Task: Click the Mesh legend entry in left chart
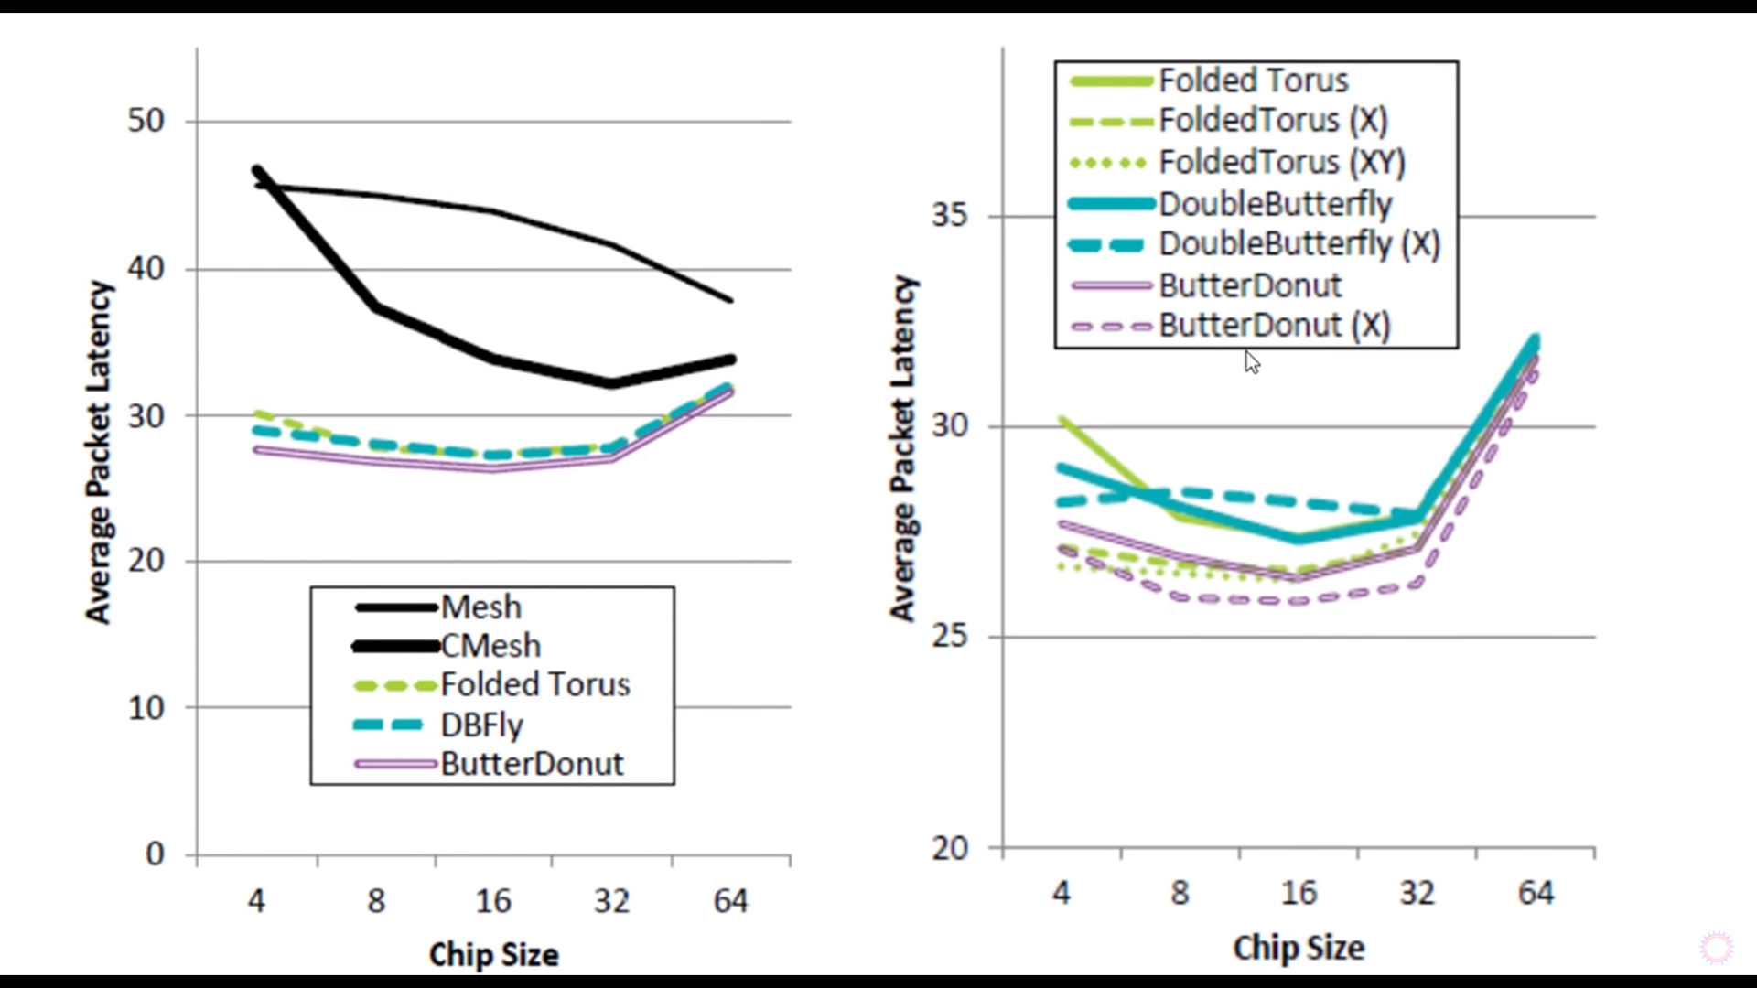(x=480, y=607)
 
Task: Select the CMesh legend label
(x=490, y=646)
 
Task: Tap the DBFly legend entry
(x=481, y=725)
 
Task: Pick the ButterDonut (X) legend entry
(x=1274, y=326)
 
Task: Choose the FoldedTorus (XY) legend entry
(x=1281, y=163)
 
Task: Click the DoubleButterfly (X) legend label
(x=1299, y=244)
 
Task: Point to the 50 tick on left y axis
(x=146, y=121)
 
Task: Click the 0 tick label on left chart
(x=155, y=854)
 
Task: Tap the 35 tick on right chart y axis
(x=950, y=216)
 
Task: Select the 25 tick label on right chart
(x=950, y=637)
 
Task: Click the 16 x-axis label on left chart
(x=493, y=902)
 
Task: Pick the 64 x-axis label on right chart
(x=1536, y=894)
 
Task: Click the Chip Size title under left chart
(x=493, y=955)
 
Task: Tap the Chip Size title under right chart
(x=1299, y=949)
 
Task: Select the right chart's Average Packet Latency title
(x=902, y=448)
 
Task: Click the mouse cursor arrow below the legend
(x=1251, y=362)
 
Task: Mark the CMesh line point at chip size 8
(x=375, y=307)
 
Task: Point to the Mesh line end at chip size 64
(x=730, y=300)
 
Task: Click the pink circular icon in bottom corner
(x=1717, y=948)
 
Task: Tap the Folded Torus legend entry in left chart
(x=534, y=685)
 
